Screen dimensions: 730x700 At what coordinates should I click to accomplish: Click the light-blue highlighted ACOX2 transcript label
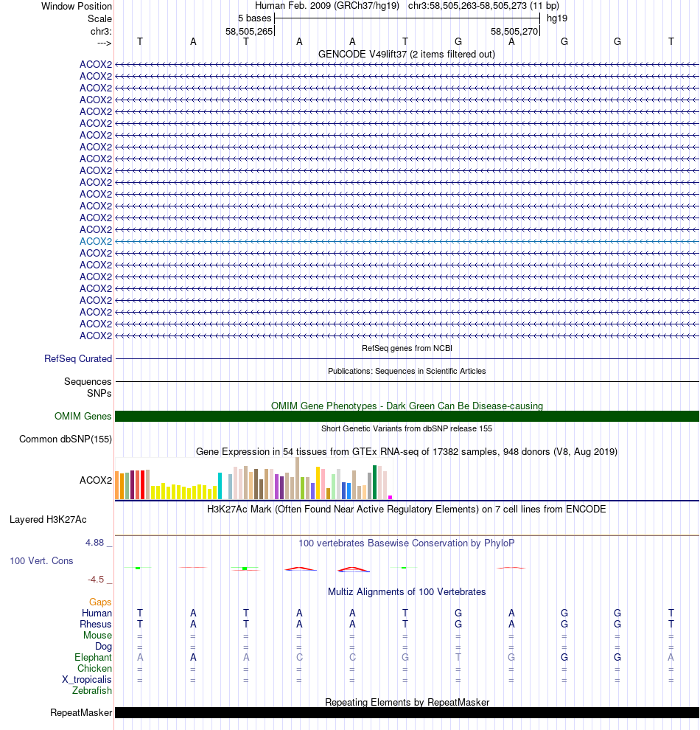click(96, 241)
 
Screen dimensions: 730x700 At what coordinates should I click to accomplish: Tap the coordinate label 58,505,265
click(249, 32)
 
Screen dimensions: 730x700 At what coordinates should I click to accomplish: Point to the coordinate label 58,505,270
click(514, 32)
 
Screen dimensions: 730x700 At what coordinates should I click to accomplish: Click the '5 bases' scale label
click(254, 18)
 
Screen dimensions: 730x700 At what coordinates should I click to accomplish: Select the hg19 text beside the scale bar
click(556, 18)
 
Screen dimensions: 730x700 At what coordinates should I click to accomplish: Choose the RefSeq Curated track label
click(78, 359)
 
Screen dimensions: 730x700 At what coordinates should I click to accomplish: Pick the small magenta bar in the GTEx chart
click(391, 497)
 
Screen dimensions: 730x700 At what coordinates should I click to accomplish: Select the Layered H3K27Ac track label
click(60, 520)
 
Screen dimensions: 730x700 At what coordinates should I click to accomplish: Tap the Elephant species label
click(94, 658)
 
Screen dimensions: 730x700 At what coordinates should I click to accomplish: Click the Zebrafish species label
click(92, 691)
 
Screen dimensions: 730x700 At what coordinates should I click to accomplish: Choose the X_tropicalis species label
click(87, 680)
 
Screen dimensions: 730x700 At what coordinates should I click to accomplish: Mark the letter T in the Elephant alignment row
click(458, 658)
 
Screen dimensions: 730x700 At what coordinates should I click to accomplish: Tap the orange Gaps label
click(100, 602)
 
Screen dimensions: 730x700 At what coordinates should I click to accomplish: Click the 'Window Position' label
click(77, 6)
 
